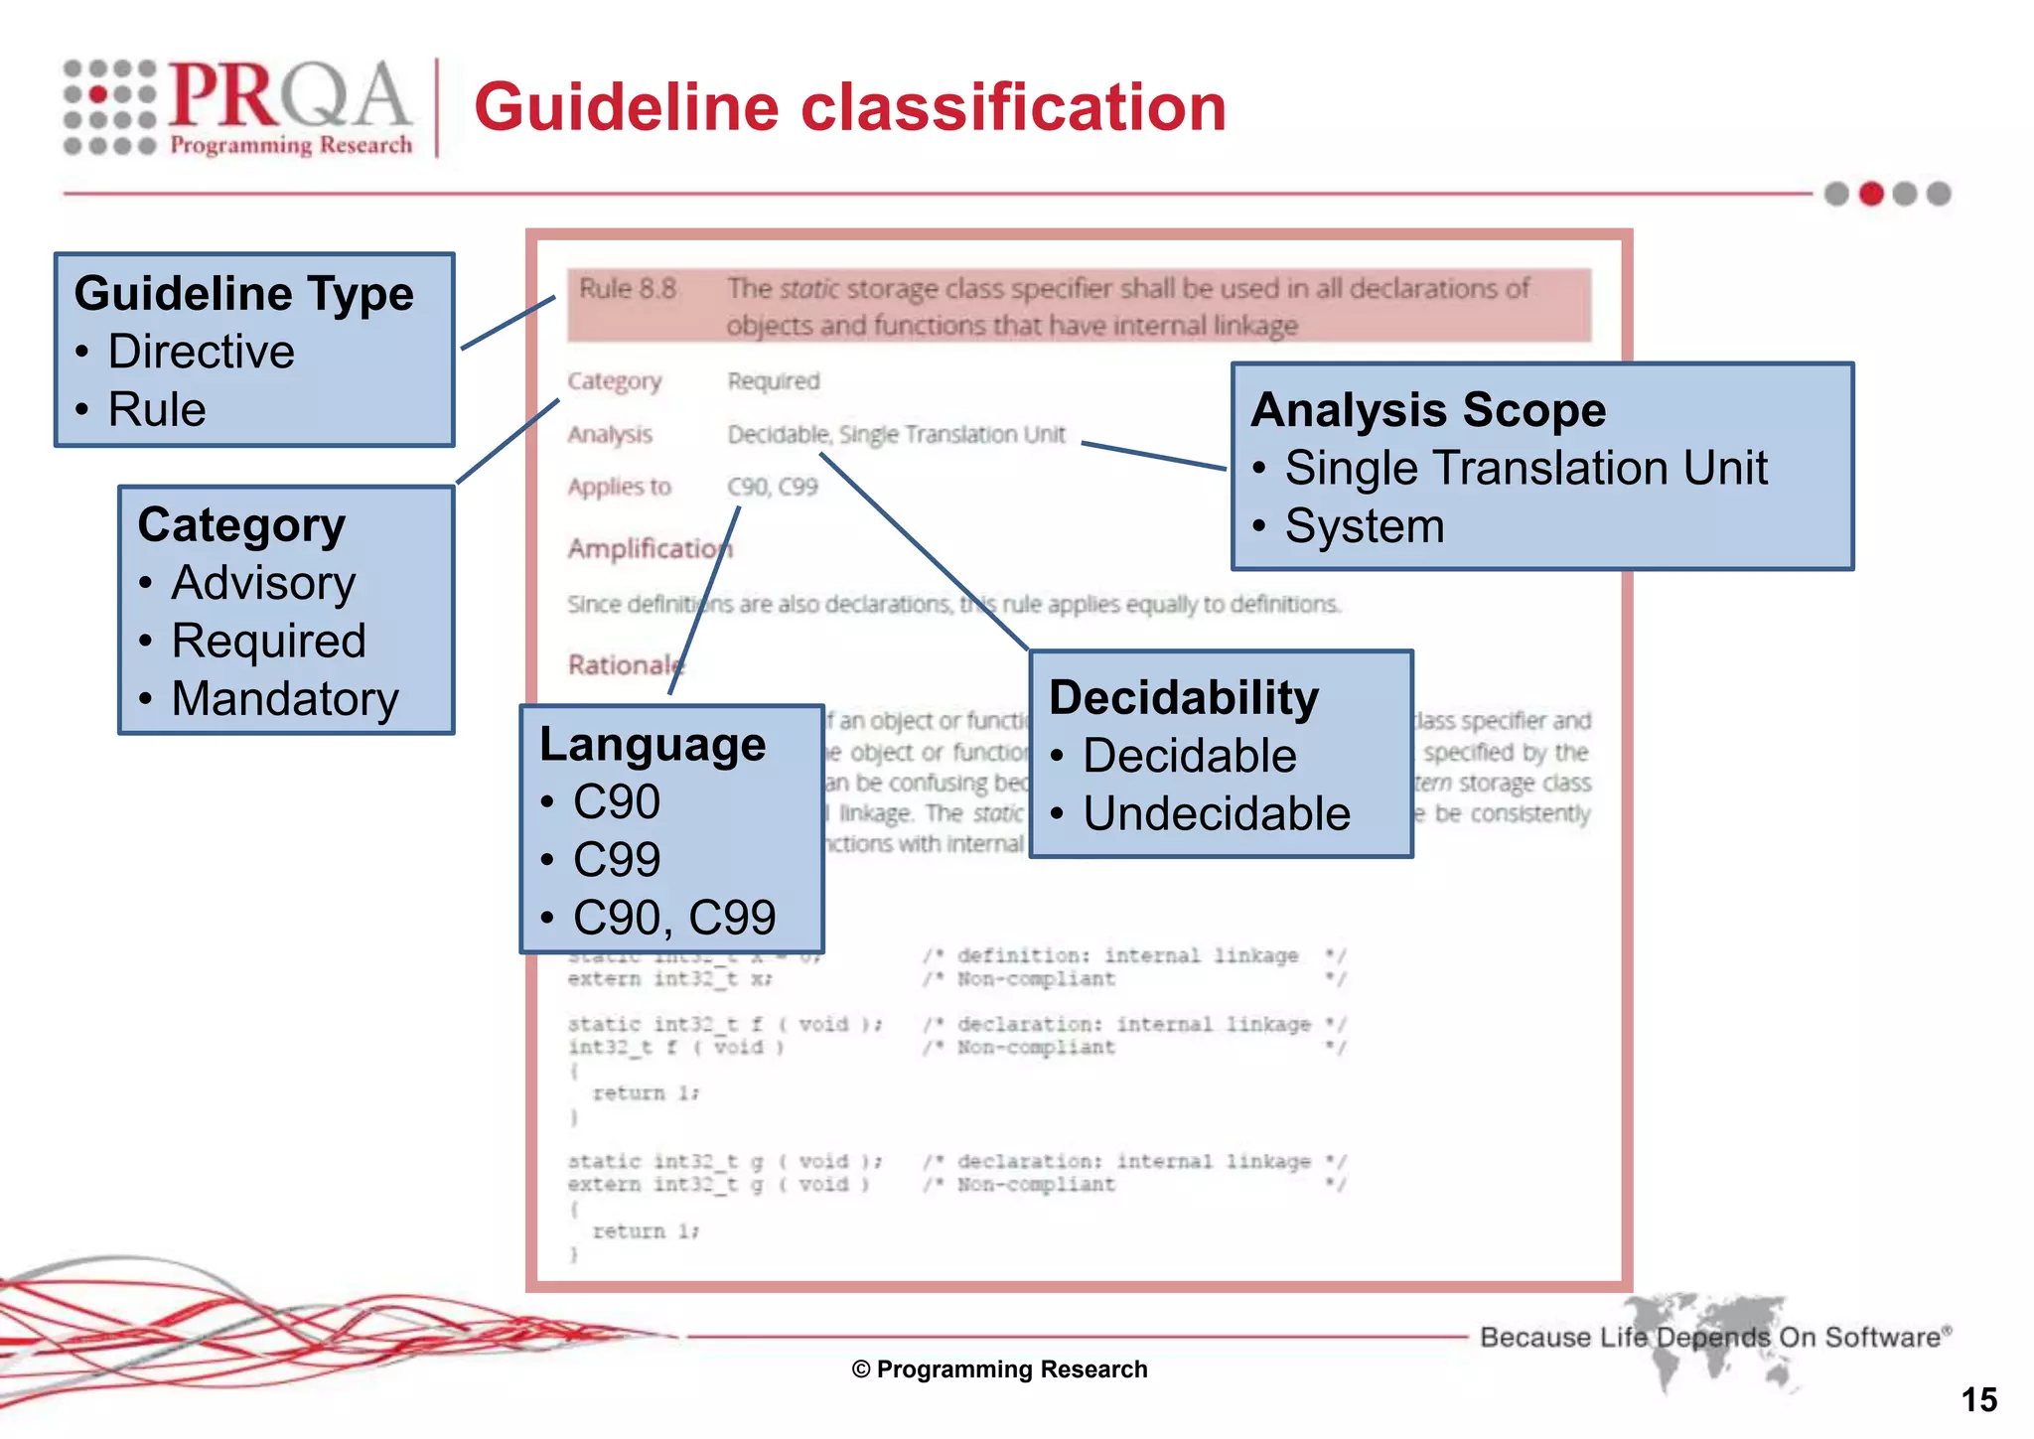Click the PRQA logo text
(288, 96)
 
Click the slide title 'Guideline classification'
(850, 107)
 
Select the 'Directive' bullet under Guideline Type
(201, 352)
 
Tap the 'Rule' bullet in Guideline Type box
(157, 409)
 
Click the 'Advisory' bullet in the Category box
(263, 583)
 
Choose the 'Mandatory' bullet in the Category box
(285, 698)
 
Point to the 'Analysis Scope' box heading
(1428, 410)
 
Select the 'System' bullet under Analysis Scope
(1365, 526)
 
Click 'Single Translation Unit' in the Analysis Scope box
(1525, 468)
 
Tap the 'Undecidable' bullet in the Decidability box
(1217, 813)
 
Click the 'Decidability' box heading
(1184, 697)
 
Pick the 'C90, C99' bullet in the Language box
(674, 918)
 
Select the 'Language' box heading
(653, 745)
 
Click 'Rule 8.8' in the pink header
(628, 289)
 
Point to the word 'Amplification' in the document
(646, 548)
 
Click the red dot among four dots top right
(1871, 194)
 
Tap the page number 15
(1978, 1400)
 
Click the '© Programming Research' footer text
(999, 1369)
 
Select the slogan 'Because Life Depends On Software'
(1713, 1338)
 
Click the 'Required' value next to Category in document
(774, 381)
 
